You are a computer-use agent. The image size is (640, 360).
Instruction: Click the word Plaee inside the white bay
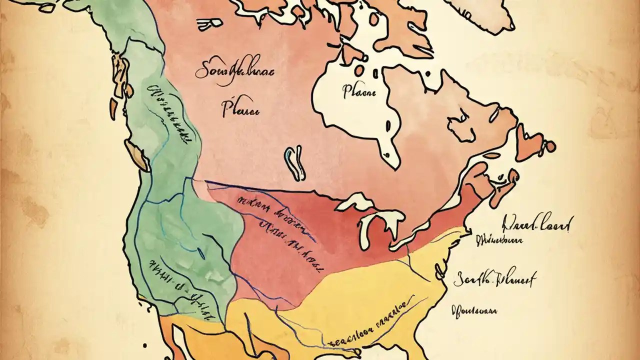click(x=359, y=91)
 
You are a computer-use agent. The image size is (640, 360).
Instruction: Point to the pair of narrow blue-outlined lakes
click(x=295, y=163)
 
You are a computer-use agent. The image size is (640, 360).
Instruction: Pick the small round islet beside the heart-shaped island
click(x=549, y=146)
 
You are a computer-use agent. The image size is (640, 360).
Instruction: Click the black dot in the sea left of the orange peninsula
click(x=144, y=345)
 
